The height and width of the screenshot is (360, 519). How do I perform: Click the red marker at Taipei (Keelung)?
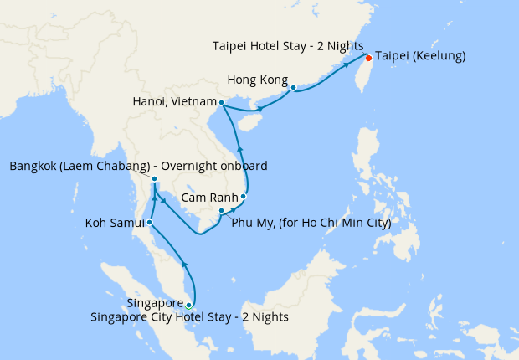coord(368,58)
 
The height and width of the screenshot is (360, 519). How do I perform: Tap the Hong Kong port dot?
coord(293,86)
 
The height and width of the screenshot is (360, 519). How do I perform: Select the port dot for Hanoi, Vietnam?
coord(221,103)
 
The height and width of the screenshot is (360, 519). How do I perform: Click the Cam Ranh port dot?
coord(244,197)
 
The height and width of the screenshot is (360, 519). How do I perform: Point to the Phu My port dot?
coord(221,210)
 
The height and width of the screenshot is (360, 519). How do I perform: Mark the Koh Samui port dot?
coord(149,223)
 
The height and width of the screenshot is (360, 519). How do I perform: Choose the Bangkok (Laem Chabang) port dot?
coord(155,178)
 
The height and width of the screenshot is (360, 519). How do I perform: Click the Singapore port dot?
coord(189,305)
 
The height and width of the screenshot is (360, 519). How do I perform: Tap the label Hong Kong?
coord(257,81)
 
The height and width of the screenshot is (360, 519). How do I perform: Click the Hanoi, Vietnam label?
coord(173,102)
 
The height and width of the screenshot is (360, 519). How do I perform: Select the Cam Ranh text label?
coord(209,197)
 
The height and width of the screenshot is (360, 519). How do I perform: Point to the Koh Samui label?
coord(115,224)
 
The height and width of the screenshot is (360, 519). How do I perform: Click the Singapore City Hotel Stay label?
coord(190,316)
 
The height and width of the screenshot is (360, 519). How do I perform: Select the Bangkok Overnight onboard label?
coord(139,167)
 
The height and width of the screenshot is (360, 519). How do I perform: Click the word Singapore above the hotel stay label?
coord(155,302)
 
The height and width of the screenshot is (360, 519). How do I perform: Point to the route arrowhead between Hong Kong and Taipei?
coord(346,65)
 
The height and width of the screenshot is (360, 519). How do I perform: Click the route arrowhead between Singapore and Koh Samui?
coord(185,266)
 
